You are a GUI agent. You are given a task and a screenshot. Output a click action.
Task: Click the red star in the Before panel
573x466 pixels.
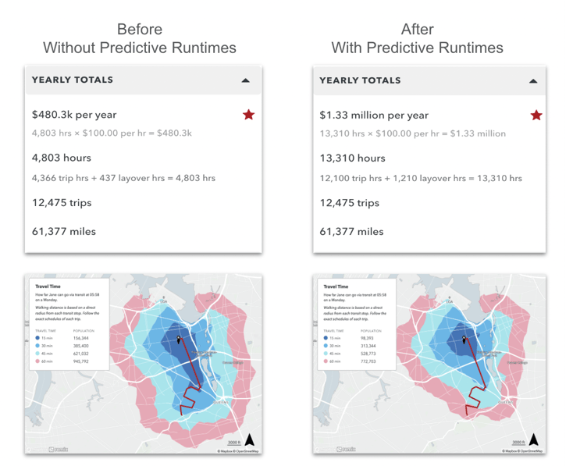[248, 115]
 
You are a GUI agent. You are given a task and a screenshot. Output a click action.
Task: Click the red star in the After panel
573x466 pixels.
[536, 116]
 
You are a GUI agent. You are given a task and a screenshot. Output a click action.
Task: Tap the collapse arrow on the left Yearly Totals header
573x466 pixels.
[246, 80]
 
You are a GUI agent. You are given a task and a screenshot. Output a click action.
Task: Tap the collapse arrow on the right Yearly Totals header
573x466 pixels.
[533, 81]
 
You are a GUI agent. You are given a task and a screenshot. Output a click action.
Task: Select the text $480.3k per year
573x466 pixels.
[74, 115]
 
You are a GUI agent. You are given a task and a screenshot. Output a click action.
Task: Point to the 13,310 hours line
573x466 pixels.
[352, 158]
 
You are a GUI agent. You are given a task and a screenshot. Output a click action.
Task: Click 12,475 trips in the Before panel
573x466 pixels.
[62, 203]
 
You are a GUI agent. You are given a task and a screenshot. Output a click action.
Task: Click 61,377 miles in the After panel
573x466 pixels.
[351, 231]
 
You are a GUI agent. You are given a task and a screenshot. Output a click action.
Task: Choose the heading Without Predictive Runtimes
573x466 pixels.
[139, 48]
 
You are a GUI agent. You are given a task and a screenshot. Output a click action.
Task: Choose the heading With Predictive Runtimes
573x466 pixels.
[417, 48]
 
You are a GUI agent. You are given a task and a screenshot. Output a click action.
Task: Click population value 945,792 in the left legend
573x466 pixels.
[81, 361]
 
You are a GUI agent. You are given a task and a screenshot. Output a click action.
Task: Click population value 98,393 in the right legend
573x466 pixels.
[367, 337]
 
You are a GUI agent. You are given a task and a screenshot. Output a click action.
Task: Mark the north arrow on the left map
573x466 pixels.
[250, 439]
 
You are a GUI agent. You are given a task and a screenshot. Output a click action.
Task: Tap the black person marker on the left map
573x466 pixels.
[179, 339]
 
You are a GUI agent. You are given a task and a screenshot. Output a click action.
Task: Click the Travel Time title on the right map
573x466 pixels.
[335, 286]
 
